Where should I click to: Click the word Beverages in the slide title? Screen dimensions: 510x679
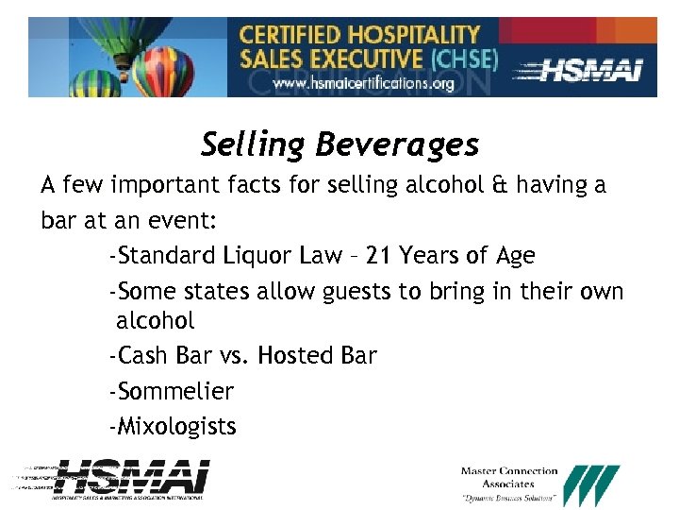click(397, 146)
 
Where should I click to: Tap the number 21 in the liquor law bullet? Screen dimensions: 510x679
click(380, 256)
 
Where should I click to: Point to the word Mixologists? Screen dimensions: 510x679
click(176, 427)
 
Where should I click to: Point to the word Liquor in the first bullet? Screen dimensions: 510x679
click(255, 256)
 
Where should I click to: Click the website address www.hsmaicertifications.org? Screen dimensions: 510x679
click(364, 83)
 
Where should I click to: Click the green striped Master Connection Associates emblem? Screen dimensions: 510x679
click(591, 484)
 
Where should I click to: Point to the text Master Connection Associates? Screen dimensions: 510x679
click(509, 477)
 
